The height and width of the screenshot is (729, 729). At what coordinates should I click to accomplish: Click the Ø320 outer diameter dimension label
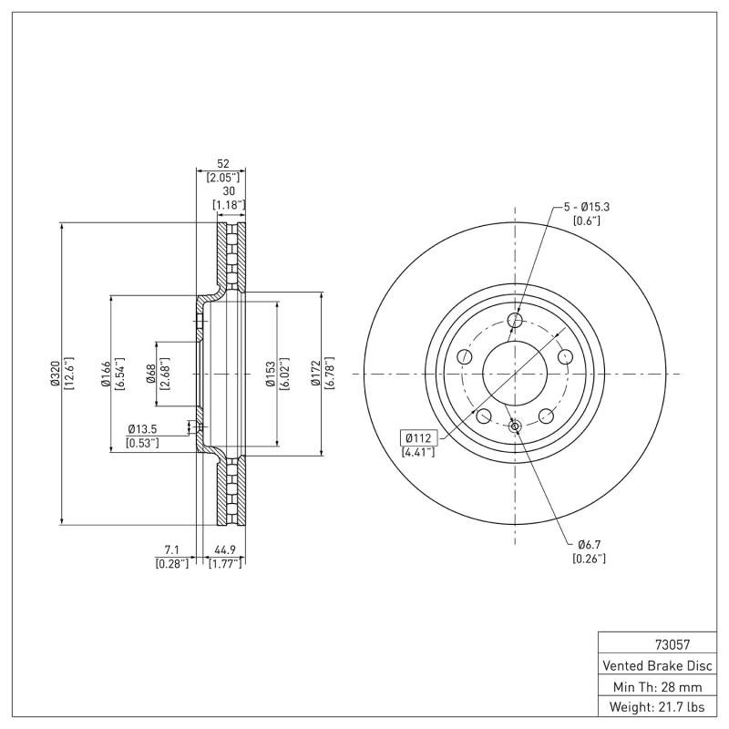(54, 374)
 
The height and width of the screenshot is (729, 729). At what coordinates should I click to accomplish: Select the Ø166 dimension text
(105, 374)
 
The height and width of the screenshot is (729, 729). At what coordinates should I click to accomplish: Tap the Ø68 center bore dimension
(151, 374)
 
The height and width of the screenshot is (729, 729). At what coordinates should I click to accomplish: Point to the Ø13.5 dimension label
(143, 428)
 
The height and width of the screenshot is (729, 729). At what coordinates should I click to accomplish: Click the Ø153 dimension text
(271, 374)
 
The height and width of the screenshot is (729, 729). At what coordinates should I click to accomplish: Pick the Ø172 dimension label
(315, 374)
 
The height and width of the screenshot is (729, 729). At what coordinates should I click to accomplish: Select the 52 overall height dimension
(222, 163)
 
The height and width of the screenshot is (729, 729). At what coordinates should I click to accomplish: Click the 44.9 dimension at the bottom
(225, 549)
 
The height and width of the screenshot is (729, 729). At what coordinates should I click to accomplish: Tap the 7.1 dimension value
(171, 549)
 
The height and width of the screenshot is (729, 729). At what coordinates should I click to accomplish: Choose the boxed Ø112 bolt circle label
(417, 436)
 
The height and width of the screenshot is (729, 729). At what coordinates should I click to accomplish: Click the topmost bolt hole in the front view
(516, 320)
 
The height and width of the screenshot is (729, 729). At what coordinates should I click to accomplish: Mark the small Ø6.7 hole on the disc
(515, 426)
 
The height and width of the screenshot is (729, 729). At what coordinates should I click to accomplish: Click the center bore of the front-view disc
(515, 374)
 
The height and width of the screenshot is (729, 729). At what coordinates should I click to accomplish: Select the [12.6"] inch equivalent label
(68, 374)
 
